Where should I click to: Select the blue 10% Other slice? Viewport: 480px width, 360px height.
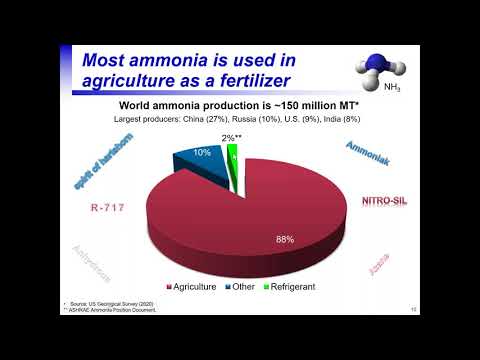click(x=204, y=160)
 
